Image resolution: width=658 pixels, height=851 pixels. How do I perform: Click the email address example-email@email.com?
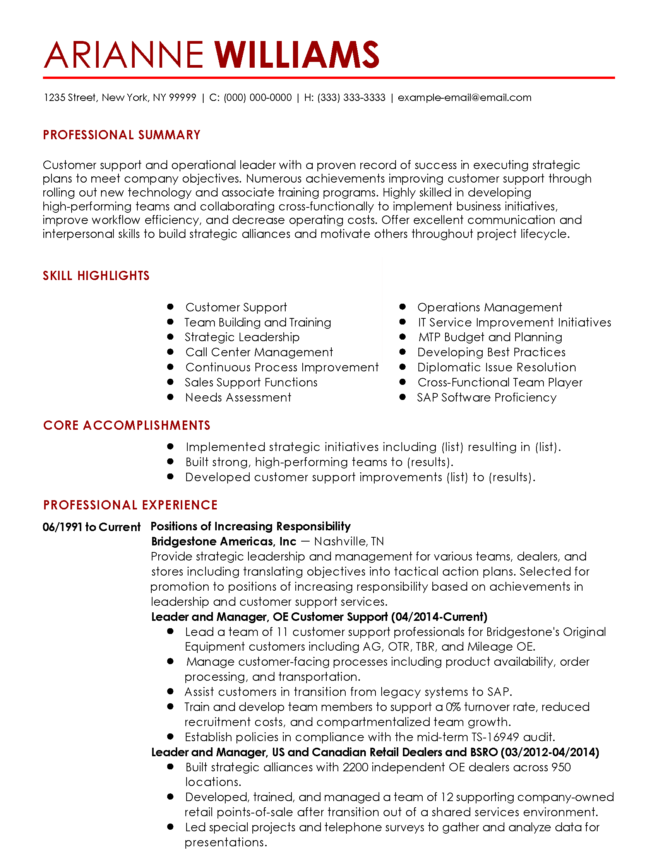point(464,97)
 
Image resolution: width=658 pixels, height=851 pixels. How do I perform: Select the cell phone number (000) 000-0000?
point(258,97)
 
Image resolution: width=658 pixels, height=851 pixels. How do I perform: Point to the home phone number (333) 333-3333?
point(351,97)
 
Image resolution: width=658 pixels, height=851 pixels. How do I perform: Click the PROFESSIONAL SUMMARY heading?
point(122,135)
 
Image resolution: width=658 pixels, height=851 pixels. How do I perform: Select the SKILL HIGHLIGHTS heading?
point(96,276)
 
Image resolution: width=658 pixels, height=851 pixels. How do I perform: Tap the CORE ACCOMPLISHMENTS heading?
point(127,425)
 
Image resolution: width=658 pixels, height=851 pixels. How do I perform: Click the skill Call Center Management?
point(259,352)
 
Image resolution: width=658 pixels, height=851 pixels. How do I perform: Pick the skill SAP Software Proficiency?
point(487,397)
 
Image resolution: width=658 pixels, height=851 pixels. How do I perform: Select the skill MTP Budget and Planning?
point(490,337)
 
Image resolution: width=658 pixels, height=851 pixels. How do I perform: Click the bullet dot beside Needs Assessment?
point(170,397)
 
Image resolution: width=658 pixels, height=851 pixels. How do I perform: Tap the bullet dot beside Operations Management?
point(403,307)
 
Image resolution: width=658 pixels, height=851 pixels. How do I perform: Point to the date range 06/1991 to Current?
point(92,527)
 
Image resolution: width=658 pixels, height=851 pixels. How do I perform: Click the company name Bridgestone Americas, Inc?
point(224,542)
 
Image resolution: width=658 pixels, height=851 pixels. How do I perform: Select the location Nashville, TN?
point(349,542)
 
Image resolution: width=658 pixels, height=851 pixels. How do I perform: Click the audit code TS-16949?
point(495,737)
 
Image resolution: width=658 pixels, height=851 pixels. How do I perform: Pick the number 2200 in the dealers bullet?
point(355,767)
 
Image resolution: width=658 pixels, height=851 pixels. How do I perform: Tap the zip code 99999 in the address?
point(183,97)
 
